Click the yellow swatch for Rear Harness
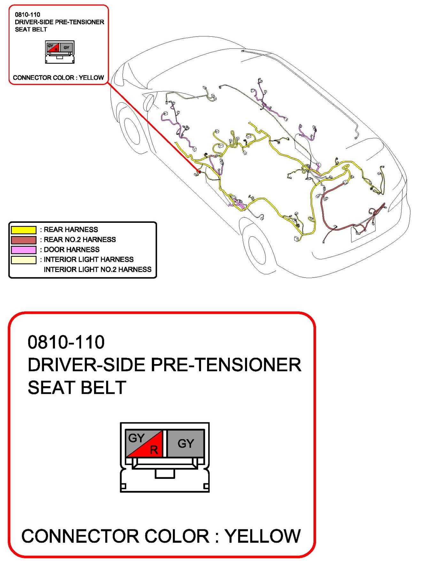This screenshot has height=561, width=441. pos(24,230)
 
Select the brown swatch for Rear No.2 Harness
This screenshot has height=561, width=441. pos(24,240)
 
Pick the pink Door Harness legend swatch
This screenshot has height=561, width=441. pos(24,250)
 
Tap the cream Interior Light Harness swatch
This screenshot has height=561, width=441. pos(24,260)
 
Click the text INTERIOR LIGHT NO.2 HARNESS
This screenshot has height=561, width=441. pos(97,269)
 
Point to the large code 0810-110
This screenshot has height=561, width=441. pos(66,342)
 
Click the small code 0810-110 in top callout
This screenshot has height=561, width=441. pos(27,14)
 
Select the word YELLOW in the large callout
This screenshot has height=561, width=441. pos(262,536)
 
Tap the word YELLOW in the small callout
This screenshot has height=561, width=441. pos(91,78)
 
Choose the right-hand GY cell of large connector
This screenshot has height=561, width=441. pos(186,443)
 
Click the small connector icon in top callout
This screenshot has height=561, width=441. pos(60,51)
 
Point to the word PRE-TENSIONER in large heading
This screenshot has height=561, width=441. pos(226,365)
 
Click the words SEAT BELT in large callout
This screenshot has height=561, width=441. pos(77,388)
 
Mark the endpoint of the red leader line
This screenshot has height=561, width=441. pos(199,172)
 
